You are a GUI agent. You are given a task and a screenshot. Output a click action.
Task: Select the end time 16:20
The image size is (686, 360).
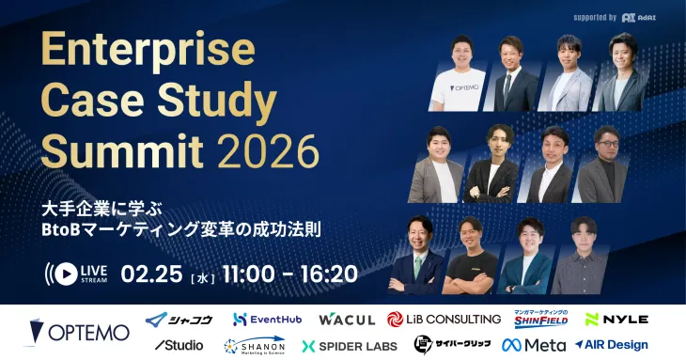(x=329, y=274)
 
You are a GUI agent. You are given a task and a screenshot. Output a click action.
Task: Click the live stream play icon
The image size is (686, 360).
(x=65, y=274)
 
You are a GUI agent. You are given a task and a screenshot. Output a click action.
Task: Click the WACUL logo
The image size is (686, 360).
(x=346, y=320)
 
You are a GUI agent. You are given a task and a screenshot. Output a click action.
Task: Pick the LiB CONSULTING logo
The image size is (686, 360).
(x=444, y=320)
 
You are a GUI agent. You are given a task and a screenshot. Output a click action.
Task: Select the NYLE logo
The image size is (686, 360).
(x=616, y=320)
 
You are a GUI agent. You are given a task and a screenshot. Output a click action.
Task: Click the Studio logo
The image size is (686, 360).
(x=179, y=345)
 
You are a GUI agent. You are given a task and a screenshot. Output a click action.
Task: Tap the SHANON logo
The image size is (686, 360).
(x=255, y=345)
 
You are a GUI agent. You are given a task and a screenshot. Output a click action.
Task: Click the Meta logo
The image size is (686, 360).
(x=534, y=345)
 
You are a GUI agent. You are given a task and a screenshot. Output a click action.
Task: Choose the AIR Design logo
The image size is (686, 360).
(x=611, y=345)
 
